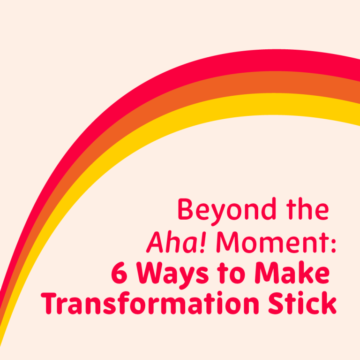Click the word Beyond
coord(221,210)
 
